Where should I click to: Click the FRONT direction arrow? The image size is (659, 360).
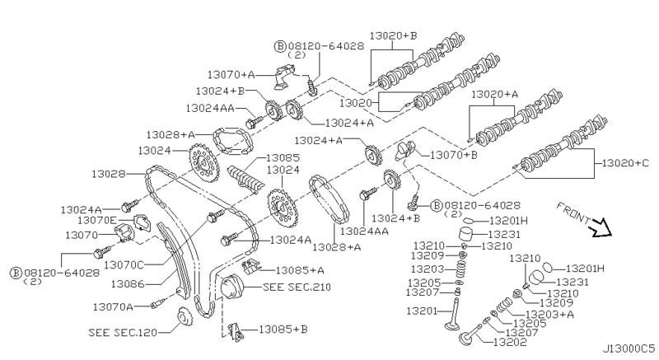point(601,227)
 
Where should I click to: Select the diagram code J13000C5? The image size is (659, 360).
point(629,349)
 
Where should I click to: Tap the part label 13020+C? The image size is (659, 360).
point(625,163)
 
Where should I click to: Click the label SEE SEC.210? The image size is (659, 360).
point(297,287)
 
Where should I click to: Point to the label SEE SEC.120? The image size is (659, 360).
point(123,333)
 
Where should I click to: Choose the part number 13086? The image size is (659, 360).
point(128,284)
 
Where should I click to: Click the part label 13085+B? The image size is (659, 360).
point(283,330)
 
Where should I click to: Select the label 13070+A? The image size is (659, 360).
point(231,75)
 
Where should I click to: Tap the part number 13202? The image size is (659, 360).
point(510,343)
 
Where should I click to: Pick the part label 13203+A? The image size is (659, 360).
point(549,314)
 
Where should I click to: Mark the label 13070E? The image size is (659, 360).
point(97,220)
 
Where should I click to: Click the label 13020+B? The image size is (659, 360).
point(394,35)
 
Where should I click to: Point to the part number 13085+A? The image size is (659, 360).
point(300,270)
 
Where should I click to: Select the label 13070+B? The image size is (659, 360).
point(454,155)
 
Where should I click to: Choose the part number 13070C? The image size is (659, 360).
point(124,265)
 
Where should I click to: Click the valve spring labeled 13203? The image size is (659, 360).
point(463,269)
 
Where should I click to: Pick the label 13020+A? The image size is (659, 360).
point(495,94)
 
